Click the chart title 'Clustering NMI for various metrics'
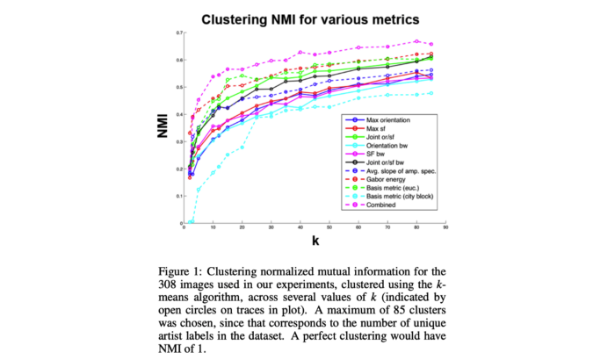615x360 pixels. (x=307, y=18)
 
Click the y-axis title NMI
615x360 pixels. (x=162, y=128)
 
